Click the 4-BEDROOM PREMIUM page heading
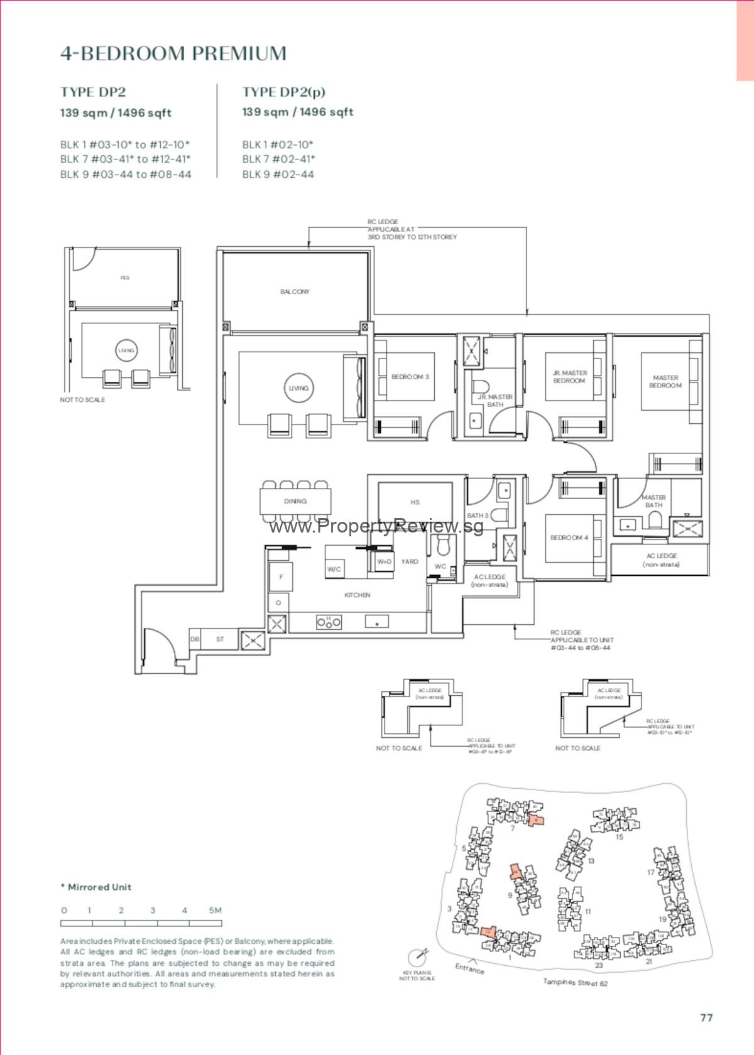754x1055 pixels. tap(173, 53)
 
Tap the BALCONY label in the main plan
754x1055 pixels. tap(295, 291)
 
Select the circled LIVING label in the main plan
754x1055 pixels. tap(298, 388)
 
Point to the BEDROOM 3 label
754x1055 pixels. tap(410, 377)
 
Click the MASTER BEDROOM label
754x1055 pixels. tap(665, 381)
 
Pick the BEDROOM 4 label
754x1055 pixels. tap(569, 538)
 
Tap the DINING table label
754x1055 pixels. tap(295, 501)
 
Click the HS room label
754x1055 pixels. tap(415, 502)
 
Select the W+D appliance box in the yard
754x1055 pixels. tap(384, 562)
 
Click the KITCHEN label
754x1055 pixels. tap(357, 595)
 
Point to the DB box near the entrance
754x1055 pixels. tap(195, 639)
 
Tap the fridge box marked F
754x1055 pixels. tap(281, 577)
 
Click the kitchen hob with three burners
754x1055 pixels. tap(328, 622)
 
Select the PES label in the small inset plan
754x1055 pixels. tap(125, 278)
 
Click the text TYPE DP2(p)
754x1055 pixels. tap(284, 92)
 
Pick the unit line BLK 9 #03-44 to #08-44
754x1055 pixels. tap(126, 175)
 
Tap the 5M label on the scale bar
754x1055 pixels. tap(215, 910)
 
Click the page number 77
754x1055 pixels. tap(706, 1017)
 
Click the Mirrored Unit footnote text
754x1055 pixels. tap(96, 887)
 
